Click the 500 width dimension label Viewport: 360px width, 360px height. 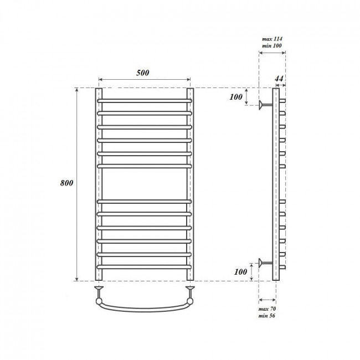pos(142,73)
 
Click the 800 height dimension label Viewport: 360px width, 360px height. pos(66,183)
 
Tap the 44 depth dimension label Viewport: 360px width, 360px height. pos(279,79)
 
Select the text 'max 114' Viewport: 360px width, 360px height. pos(272,39)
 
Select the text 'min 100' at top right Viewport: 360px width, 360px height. pos(272,45)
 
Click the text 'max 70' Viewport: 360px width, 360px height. pos(267,309)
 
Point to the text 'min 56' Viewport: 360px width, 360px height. pos(266,316)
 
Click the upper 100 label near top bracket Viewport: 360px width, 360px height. pos(236,97)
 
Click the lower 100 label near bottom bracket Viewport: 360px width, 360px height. pos(240,272)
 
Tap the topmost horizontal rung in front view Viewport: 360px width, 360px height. pos(145,101)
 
